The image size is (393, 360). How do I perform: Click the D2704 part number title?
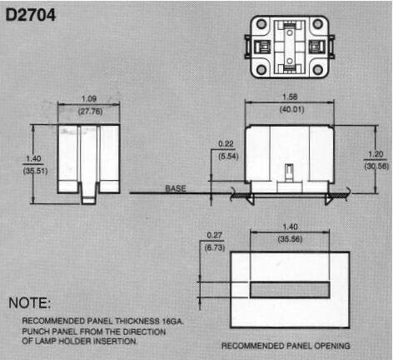pyautogui.click(x=31, y=15)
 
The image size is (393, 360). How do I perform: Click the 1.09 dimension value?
pyautogui.click(x=89, y=99)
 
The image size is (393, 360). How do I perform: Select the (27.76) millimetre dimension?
pyautogui.click(x=90, y=112)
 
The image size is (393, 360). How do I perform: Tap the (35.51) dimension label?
pyautogui.click(x=35, y=171)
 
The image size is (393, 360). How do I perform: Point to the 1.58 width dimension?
pyautogui.click(x=290, y=97)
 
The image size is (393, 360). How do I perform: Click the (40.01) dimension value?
pyautogui.click(x=291, y=109)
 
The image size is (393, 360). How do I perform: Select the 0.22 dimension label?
pyautogui.click(x=226, y=144)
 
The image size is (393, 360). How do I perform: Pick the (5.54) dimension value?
pyautogui.click(x=228, y=156)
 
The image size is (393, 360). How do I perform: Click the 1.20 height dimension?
pyautogui.click(x=376, y=154)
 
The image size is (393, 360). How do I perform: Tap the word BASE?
pyautogui.click(x=176, y=188)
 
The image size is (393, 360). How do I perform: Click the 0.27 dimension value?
pyautogui.click(x=215, y=235)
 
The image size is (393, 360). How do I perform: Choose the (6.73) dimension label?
pyautogui.click(x=215, y=247)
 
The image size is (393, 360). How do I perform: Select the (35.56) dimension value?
pyautogui.click(x=290, y=239)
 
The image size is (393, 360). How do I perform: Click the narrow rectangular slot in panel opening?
pyautogui.click(x=290, y=290)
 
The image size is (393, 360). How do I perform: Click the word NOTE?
pyautogui.click(x=29, y=302)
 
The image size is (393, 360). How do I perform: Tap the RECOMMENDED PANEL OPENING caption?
pyautogui.click(x=286, y=346)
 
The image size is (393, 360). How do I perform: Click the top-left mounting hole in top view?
pyautogui.click(x=261, y=24)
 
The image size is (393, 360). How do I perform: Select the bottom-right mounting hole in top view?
pyautogui.click(x=318, y=69)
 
